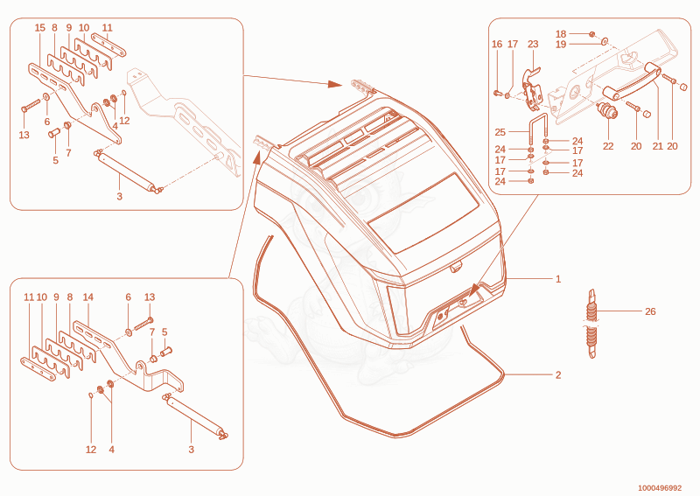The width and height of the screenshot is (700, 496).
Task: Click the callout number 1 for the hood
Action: tap(558, 279)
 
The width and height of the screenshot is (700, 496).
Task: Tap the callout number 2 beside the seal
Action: tap(558, 375)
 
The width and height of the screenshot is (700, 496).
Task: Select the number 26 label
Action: tap(650, 311)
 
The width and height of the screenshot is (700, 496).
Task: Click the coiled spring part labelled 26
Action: tap(591, 324)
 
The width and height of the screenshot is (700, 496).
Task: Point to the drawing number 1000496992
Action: tap(660, 488)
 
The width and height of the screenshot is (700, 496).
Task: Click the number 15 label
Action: tap(39, 28)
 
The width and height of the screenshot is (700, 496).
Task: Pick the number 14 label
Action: tap(88, 297)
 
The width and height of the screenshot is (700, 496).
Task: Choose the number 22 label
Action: tap(608, 146)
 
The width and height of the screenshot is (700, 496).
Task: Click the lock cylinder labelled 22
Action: tap(608, 112)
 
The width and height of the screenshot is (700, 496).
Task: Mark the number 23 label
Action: tap(533, 45)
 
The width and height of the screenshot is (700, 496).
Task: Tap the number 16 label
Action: tap(497, 45)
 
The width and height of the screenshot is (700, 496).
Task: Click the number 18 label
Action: tap(561, 34)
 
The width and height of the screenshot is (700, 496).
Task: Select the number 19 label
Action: tap(561, 45)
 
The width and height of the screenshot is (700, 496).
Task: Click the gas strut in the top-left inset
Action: tap(128, 171)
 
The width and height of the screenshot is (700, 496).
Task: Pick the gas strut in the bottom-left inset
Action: tap(195, 416)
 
